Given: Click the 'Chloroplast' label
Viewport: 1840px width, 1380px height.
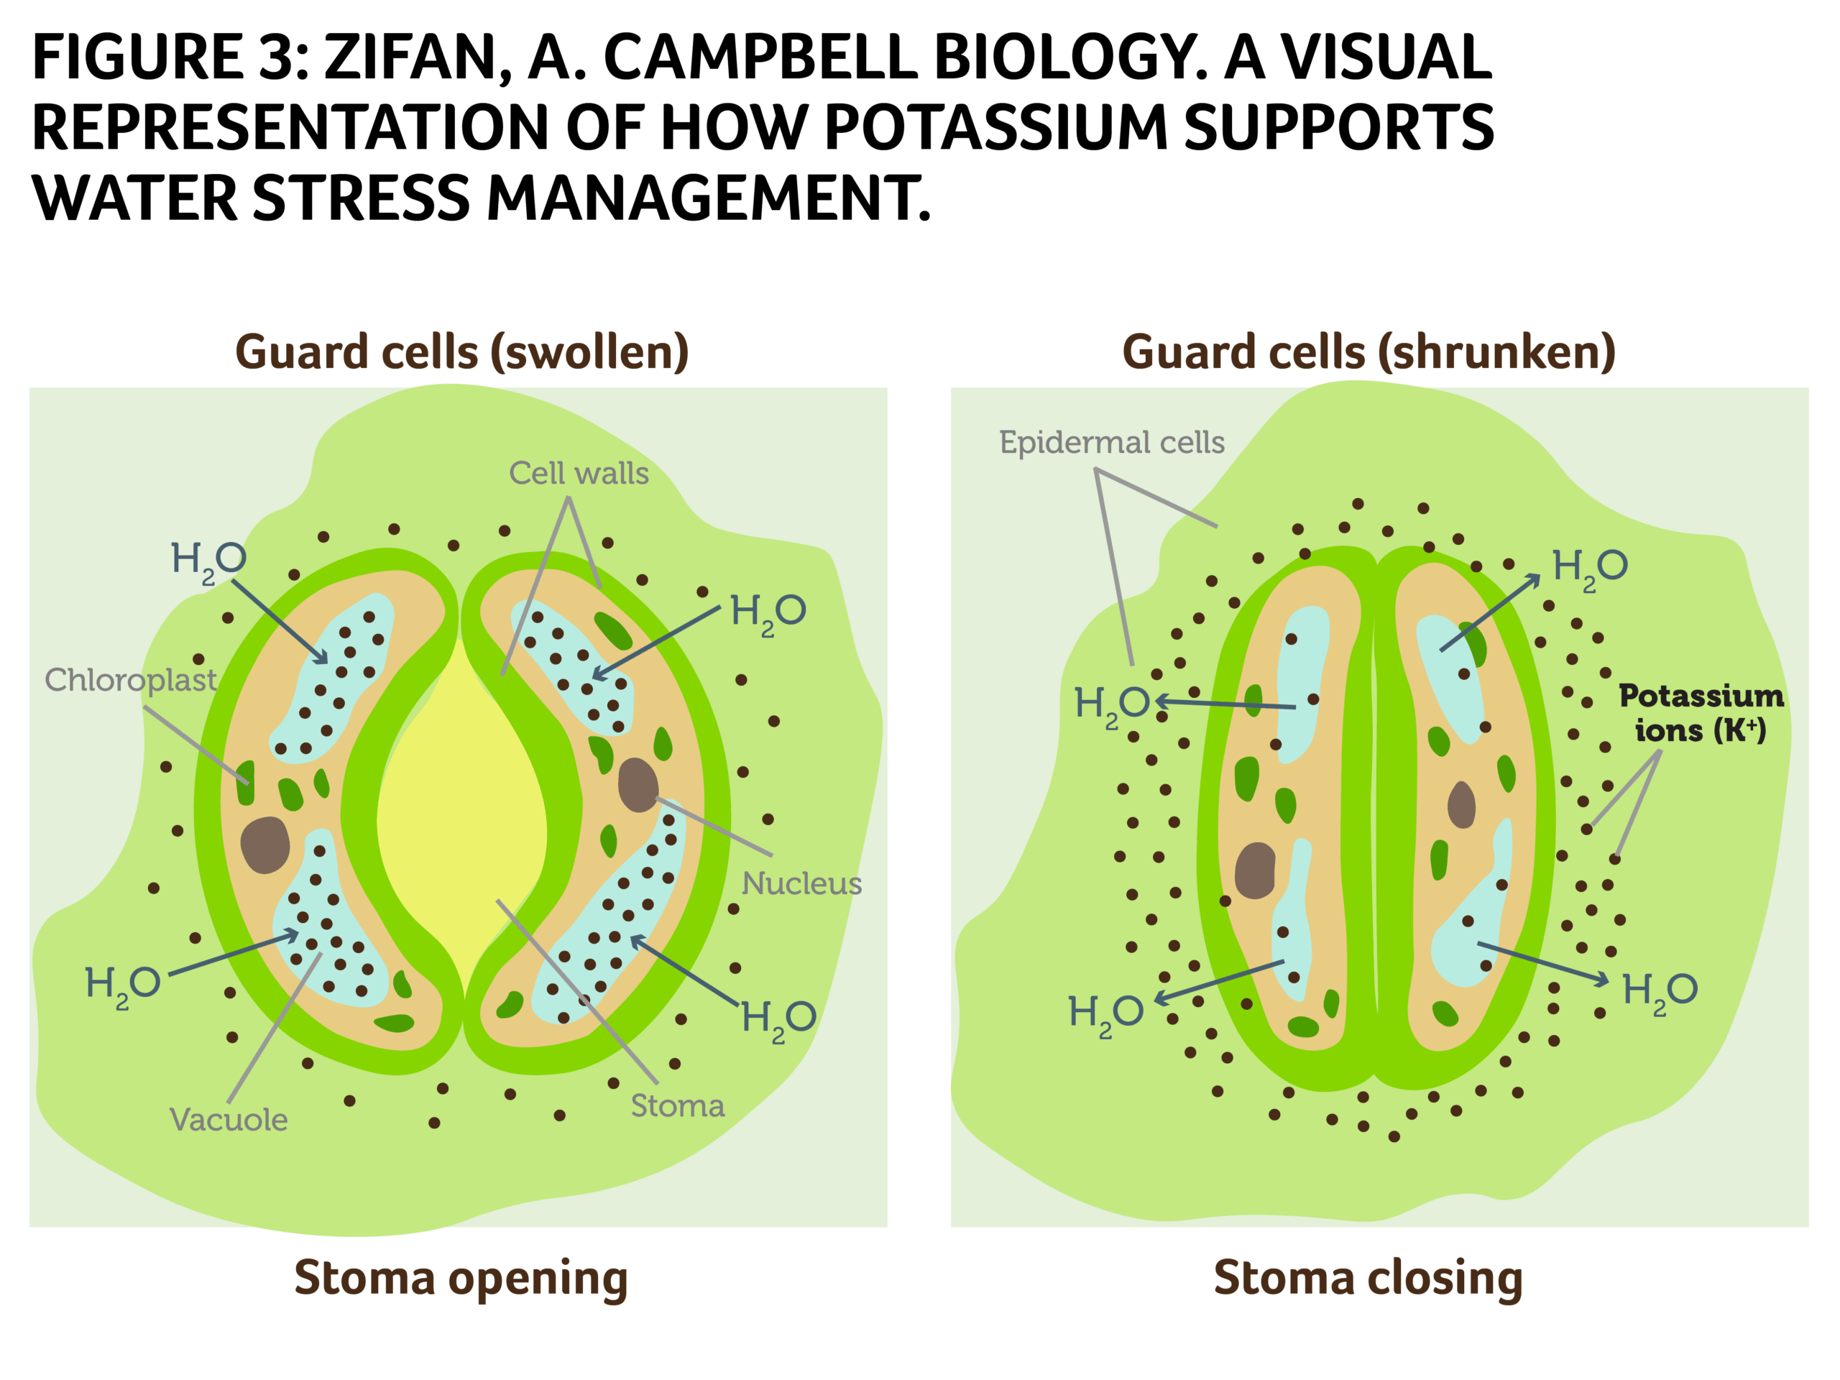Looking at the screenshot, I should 131,681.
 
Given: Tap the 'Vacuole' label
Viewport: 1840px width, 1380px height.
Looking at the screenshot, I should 229,1120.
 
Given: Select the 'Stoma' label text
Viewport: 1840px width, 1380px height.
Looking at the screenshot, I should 677,1105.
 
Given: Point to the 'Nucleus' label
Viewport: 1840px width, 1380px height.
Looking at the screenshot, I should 801,883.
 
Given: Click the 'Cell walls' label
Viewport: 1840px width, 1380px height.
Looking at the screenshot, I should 578,474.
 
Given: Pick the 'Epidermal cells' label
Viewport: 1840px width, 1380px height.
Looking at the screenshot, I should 1111,443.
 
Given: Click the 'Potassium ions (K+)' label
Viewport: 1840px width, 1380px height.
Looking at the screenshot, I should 1701,713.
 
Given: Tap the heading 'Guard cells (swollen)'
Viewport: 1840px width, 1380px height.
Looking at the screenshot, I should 461,352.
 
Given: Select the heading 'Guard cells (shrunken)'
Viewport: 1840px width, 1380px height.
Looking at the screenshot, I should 1368,352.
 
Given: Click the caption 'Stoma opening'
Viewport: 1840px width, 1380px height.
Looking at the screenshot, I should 461,1279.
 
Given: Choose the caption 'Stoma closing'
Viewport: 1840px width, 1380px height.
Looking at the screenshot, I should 1368,1279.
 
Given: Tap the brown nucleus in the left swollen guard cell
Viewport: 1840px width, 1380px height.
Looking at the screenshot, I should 264,845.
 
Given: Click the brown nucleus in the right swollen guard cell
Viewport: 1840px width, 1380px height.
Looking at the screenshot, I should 638,784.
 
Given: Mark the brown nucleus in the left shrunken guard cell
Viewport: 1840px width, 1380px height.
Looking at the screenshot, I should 1254,870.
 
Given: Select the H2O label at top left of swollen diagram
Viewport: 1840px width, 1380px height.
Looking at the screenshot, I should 208,560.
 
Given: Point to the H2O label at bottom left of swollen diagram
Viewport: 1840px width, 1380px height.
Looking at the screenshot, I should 122,985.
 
